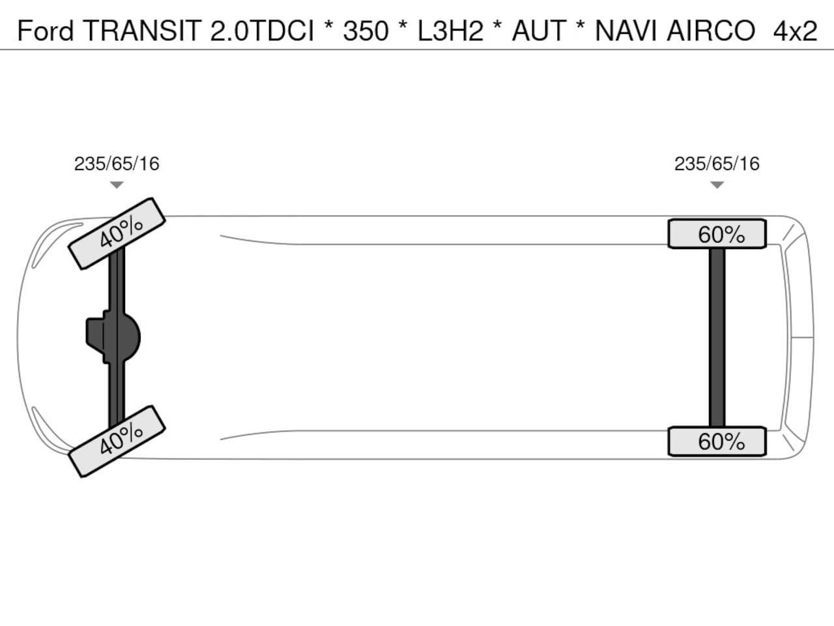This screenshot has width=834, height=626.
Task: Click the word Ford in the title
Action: [x=45, y=31]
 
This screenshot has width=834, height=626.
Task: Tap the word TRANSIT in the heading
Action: [x=143, y=31]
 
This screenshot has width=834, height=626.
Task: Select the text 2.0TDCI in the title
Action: [x=262, y=31]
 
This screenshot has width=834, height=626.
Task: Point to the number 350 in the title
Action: [x=366, y=31]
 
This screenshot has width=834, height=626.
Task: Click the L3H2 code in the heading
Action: [x=451, y=31]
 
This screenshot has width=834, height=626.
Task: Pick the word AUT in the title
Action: [x=539, y=31]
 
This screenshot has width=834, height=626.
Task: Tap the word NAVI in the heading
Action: [x=625, y=31]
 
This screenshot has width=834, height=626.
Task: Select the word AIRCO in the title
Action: [x=711, y=31]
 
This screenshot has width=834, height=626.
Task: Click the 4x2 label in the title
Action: [x=796, y=31]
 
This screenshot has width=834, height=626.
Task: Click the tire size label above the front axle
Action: [x=117, y=164]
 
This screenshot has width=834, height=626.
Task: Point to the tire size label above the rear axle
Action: [x=717, y=164]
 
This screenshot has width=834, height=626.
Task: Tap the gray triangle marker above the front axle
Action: [x=117, y=185]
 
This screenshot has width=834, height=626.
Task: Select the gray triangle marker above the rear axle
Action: [x=717, y=185]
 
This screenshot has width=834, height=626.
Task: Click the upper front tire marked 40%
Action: [x=117, y=233]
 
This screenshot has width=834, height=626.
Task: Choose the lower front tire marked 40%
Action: [x=117, y=441]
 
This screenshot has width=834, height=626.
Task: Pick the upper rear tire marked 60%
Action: [x=717, y=233]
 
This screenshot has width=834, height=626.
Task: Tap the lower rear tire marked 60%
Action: [x=717, y=441]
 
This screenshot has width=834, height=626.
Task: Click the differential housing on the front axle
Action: [x=113, y=338]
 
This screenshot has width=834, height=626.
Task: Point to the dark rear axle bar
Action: [x=717, y=338]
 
